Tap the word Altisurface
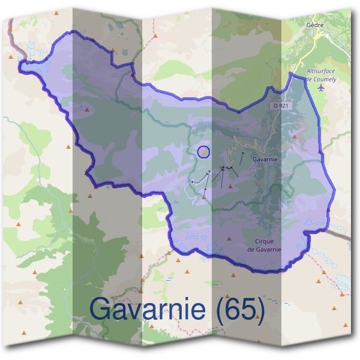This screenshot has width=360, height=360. tap(319, 71)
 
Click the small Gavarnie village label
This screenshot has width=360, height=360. tap(265, 160)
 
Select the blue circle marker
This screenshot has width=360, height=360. tap(204, 152)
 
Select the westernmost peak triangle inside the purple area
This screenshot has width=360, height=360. tap(88, 109)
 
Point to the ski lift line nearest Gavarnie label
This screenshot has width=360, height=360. tap(242, 157)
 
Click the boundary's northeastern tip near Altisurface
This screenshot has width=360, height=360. tap(292, 74)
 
